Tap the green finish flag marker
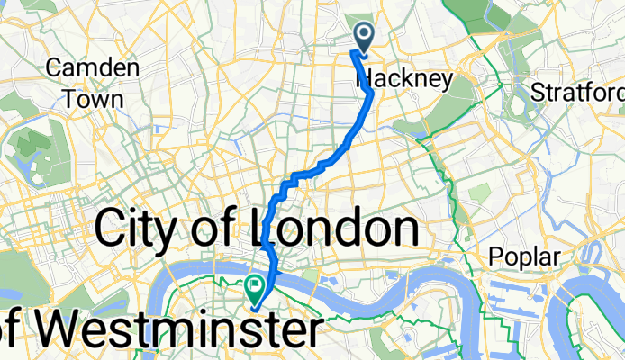coord(255,289)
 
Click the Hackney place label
coord(405,80)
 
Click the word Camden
coord(93,68)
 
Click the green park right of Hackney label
coord(460,90)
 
